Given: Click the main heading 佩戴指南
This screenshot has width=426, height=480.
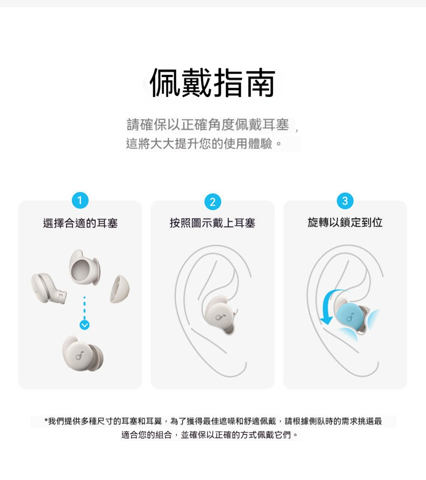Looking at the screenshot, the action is pyautogui.click(x=212, y=83).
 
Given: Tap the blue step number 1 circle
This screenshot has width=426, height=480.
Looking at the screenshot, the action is pyautogui.click(x=80, y=200).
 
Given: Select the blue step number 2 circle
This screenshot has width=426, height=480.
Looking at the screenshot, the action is pyautogui.click(x=212, y=201).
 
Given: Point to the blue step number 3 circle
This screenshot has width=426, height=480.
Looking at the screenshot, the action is pyautogui.click(x=345, y=201).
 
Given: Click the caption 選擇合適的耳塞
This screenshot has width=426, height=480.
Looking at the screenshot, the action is pyautogui.click(x=80, y=223).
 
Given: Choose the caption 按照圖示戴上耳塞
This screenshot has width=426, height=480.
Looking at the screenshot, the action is pyautogui.click(x=212, y=223).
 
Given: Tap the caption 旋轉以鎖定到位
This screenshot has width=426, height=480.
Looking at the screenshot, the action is pyautogui.click(x=345, y=223).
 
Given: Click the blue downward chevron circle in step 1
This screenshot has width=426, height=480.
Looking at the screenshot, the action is pyautogui.click(x=85, y=325).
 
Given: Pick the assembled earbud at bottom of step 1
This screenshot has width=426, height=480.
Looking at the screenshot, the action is pyautogui.click(x=83, y=354).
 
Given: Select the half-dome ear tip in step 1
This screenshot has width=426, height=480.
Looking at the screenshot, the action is pyautogui.click(x=120, y=289).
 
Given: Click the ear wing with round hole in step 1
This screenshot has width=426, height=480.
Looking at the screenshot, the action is pyautogui.click(x=84, y=268).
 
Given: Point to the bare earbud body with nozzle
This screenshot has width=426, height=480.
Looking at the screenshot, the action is pyautogui.click(x=49, y=289).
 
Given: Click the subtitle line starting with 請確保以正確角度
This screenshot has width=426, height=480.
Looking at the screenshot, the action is pyautogui.click(x=208, y=125).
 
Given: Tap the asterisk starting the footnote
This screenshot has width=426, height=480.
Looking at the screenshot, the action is pyautogui.click(x=46, y=421).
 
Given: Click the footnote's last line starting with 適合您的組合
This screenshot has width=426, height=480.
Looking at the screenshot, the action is pyautogui.click(x=210, y=435).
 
